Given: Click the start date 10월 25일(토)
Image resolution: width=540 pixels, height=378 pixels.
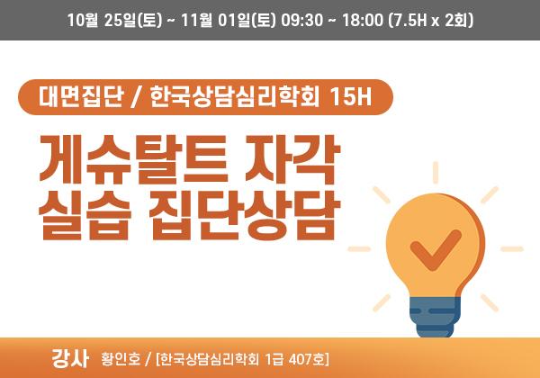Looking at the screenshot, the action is pyautogui.click(x=114, y=20).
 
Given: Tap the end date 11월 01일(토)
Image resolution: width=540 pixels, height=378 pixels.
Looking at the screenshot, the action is pyautogui.click(x=229, y=20).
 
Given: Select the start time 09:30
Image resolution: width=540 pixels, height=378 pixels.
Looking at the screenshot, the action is pyautogui.click(x=302, y=20).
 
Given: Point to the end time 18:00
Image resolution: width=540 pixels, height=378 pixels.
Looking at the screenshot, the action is pyautogui.click(x=363, y=20).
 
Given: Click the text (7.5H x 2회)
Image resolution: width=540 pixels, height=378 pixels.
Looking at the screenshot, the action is pyautogui.click(x=431, y=20).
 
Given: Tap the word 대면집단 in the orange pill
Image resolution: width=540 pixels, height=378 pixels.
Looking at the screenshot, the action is pyautogui.click(x=81, y=96).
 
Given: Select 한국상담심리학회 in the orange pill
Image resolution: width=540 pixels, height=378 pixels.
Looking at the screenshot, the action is pyautogui.click(x=235, y=96).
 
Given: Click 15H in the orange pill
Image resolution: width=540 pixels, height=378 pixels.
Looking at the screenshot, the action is pyautogui.click(x=351, y=96).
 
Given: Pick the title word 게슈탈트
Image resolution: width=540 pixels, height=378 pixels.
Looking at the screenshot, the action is pyautogui.click(x=133, y=159).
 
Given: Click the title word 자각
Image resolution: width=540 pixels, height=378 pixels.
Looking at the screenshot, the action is pyautogui.click(x=292, y=159).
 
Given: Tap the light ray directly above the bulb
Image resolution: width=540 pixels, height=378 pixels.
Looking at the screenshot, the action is pyautogui.click(x=436, y=173).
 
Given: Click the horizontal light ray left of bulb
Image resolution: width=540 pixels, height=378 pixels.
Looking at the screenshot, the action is pyautogui.click(x=359, y=249).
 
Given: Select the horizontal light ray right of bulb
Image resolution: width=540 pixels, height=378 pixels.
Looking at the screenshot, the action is pyautogui.click(x=512, y=249).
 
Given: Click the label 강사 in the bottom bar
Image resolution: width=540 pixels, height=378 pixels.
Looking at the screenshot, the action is pyautogui.click(x=70, y=358).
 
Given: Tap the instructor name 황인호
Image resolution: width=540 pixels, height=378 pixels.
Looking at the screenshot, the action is pyautogui.click(x=121, y=359).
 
